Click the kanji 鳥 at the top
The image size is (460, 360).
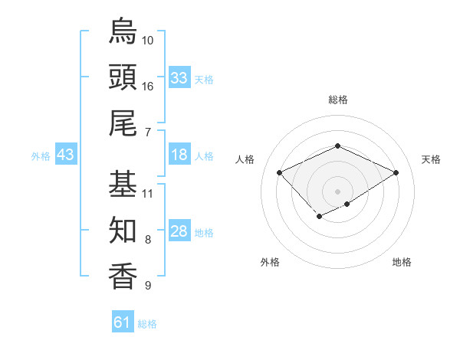coord(123,31)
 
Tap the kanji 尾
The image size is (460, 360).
coord(123,123)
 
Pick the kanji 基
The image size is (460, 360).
coord(123,184)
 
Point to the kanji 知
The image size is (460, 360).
coord(123,230)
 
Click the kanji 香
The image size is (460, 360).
coord(123,276)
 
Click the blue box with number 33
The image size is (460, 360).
coord(179,77)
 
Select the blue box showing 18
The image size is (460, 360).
coord(179,155)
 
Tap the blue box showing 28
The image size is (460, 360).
coord(179,232)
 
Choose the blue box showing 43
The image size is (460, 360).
coord(66,155)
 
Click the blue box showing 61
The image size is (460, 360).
coord(123,322)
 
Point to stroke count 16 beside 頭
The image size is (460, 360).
coord(148,86)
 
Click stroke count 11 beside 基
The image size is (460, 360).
coord(148,193)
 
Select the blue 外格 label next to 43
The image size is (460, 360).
coord(41,156)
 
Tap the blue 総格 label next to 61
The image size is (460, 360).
coord(147,324)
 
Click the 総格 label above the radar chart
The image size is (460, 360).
coord(338,100)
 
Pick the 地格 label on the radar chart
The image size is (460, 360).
coord(402,262)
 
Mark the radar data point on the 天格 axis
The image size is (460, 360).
coord(396,173)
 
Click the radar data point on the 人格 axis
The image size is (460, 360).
coord(280,173)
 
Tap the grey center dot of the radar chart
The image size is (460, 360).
coord(337,191)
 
